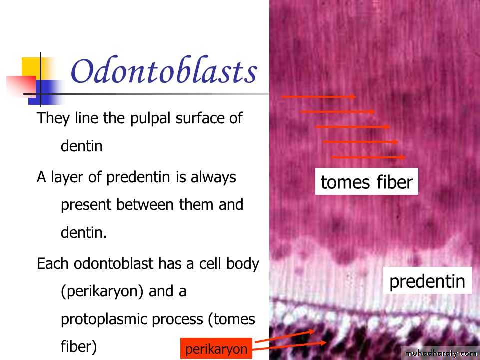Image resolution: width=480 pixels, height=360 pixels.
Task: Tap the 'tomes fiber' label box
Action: click(x=366, y=181)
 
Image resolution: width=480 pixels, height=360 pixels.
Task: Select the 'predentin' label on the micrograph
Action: click(x=427, y=280)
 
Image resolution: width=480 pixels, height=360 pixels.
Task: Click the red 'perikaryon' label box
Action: click(x=216, y=348)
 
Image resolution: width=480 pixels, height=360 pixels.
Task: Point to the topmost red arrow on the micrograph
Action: click(x=318, y=96)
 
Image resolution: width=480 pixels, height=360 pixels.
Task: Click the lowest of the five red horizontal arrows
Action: click(x=368, y=157)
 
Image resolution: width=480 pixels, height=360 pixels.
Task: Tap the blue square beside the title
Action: click(x=46, y=92)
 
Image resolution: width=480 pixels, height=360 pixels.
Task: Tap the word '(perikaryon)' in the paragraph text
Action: click(x=102, y=291)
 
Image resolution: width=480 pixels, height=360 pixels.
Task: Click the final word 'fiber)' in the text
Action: click(x=79, y=347)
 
